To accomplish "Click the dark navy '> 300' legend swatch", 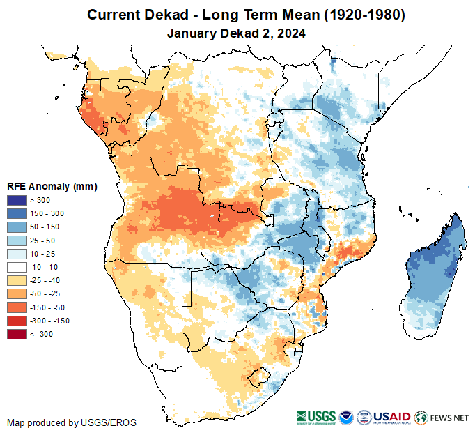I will click(17, 201).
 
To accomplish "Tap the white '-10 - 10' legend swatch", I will click(17, 267).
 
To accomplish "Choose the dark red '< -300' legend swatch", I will click(17, 334).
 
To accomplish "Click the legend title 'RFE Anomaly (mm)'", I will click(52, 186).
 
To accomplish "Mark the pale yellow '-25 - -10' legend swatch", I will click(17, 280).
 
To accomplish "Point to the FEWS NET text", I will click(450, 418).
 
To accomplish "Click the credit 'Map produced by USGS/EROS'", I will click(72, 422).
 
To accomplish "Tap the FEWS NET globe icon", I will click(420, 418).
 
